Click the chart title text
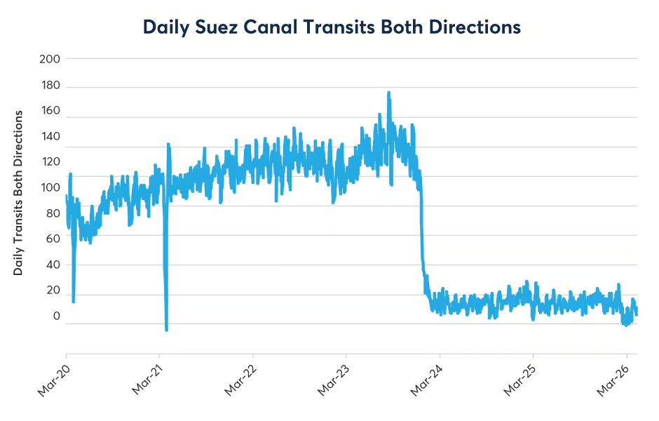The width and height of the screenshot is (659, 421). pyautogui.click(x=332, y=27)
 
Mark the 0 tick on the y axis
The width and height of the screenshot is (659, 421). pyautogui.click(x=56, y=316)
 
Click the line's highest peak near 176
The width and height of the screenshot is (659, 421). pyautogui.click(x=388, y=93)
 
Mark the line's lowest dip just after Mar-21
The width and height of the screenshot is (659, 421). pyautogui.click(x=166, y=329)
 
